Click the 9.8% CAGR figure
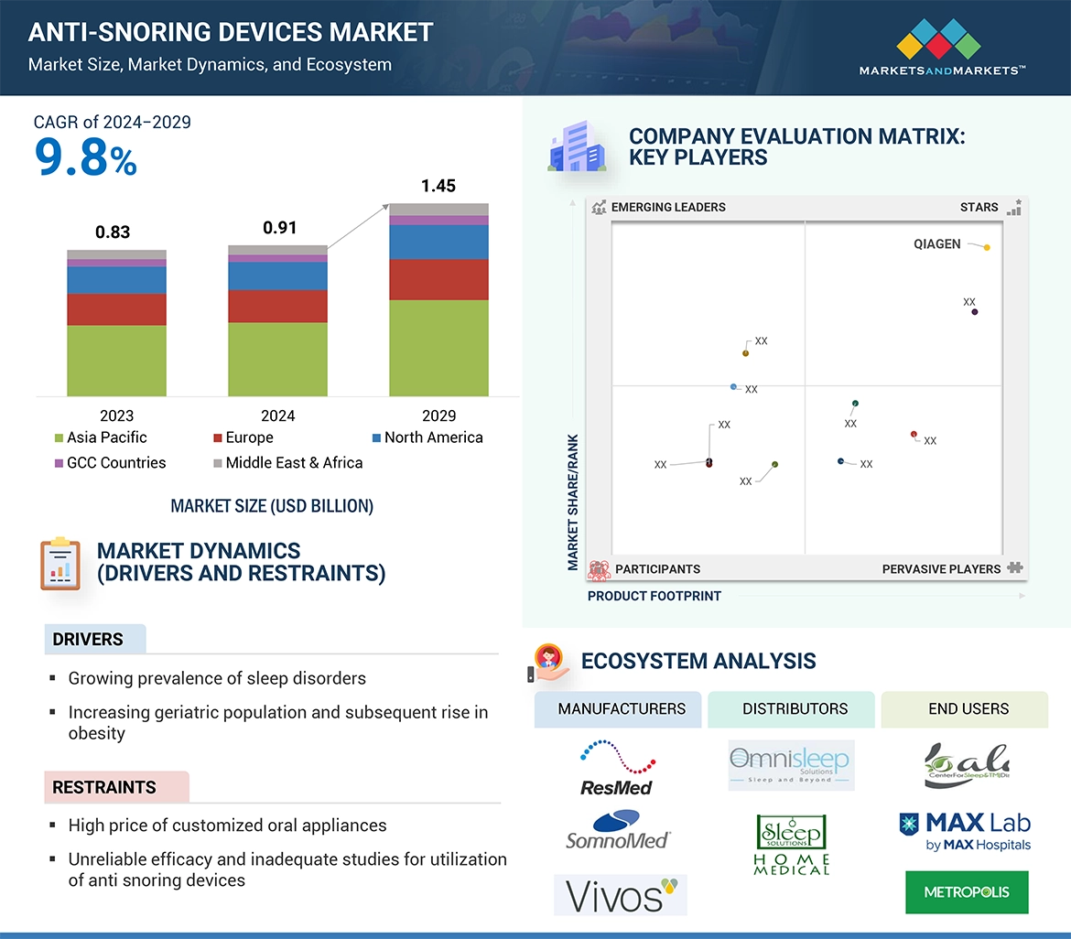[85, 157]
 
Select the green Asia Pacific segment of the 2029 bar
[438, 348]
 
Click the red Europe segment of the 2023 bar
[116, 309]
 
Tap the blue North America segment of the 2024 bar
[277, 275]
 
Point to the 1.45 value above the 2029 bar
[438, 186]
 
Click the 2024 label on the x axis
[278, 416]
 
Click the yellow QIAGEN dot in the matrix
[987, 247]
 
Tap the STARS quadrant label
[979, 207]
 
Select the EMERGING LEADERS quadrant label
[667, 207]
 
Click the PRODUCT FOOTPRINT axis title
[654, 596]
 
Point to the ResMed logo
[617, 767]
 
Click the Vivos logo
[620, 895]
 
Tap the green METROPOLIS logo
[966, 892]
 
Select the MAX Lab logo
[965, 830]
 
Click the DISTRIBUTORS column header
[795, 708]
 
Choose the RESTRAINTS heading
[104, 787]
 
